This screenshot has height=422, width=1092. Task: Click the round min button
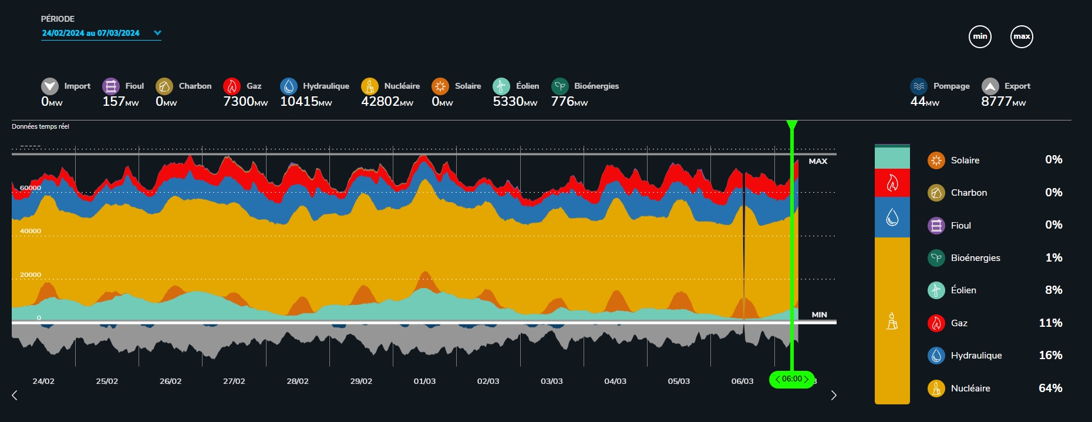click(x=980, y=36)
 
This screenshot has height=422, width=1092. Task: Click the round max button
click(x=1022, y=36)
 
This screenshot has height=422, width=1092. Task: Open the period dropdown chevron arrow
click(x=157, y=33)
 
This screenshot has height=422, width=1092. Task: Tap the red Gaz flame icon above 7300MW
click(x=232, y=86)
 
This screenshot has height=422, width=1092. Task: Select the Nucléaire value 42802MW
click(x=387, y=102)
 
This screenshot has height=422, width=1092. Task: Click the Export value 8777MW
click(x=1003, y=102)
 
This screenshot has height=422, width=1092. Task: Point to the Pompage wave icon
click(x=919, y=86)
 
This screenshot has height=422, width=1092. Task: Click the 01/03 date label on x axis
click(x=424, y=381)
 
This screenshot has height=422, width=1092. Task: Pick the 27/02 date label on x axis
click(x=234, y=381)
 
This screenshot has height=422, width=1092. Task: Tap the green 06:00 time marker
click(x=792, y=379)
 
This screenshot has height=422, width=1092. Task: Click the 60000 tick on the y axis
click(x=31, y=187)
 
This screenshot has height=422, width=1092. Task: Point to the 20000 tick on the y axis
click(x=31, y=274)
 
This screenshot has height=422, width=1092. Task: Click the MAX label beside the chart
click(x=818, y=161)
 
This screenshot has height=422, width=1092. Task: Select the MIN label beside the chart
click(x=819, y=314)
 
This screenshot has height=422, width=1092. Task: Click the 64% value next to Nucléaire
click(x=1050, y=388)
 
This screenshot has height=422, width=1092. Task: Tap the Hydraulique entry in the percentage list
click(x=976, y=356)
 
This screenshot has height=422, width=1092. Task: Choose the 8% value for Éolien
click(x=1053, y=290)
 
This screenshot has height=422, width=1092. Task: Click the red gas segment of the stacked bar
click(x=892, y=183)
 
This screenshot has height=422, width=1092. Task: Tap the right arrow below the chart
click(x=834, y=395)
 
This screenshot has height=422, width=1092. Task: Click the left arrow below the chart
click(x=15, y=395)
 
